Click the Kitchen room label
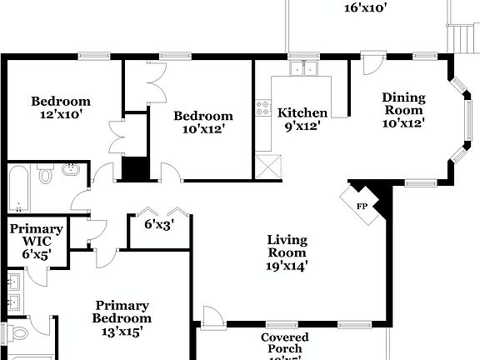tap(302, 113)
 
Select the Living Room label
tap(287, 247)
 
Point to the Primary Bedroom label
tap(122, 312)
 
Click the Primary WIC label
tap(37, 235)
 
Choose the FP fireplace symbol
tap(362, 205)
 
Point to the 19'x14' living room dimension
tap(287, 267)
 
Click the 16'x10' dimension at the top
tap(366, 8)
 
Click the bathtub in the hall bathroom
tap(18, 189)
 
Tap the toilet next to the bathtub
tap(45, 175)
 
